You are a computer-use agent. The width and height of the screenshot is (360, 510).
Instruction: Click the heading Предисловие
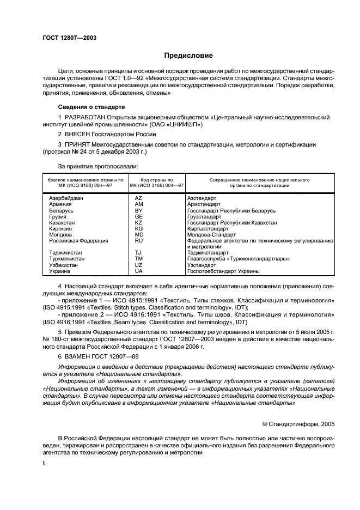click(x=188, y=56)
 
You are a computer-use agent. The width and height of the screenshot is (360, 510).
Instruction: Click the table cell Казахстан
click(x=63, y=222)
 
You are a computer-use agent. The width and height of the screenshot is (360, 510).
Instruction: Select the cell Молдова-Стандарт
click(x=209, y=234)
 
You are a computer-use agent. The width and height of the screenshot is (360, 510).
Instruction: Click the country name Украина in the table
click(x=59, y=271)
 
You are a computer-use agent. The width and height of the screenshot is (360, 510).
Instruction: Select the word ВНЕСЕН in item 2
click(x=77, y=134)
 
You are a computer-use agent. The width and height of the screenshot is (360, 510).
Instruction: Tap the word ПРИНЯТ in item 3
click(x=77, y=144)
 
